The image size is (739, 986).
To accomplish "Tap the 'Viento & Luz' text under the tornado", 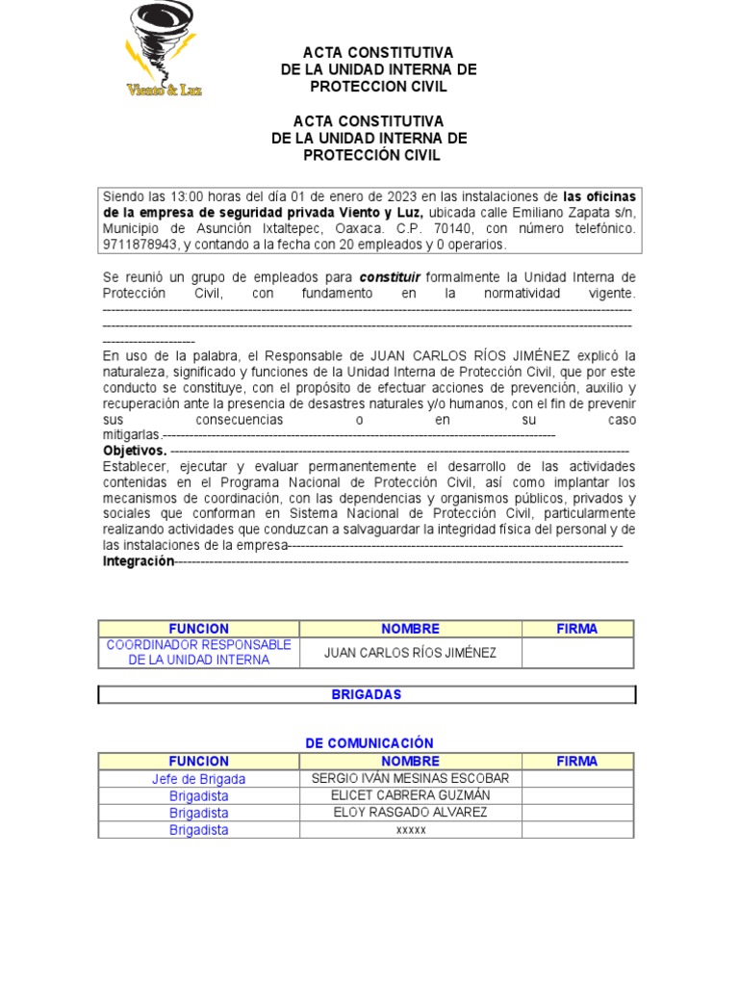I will pos(165,90).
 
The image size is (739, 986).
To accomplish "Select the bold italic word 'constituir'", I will pos(390,276).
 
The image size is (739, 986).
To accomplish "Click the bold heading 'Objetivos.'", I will pos(135,451).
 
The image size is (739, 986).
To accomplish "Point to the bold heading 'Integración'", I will pos(139,561).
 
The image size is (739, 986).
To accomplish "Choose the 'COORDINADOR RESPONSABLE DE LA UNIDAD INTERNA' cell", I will pos(198,652).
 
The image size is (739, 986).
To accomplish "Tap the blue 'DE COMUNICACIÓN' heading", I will pos(369,743).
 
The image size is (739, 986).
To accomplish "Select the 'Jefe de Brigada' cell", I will pos(198,779).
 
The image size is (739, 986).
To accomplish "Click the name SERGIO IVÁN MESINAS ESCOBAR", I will pos(410,778).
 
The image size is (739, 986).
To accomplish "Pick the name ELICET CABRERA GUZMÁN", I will pos(410,795).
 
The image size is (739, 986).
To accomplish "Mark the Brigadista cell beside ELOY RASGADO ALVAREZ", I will pos(198,813).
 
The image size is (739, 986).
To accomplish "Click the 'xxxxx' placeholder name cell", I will pos(410,830).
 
